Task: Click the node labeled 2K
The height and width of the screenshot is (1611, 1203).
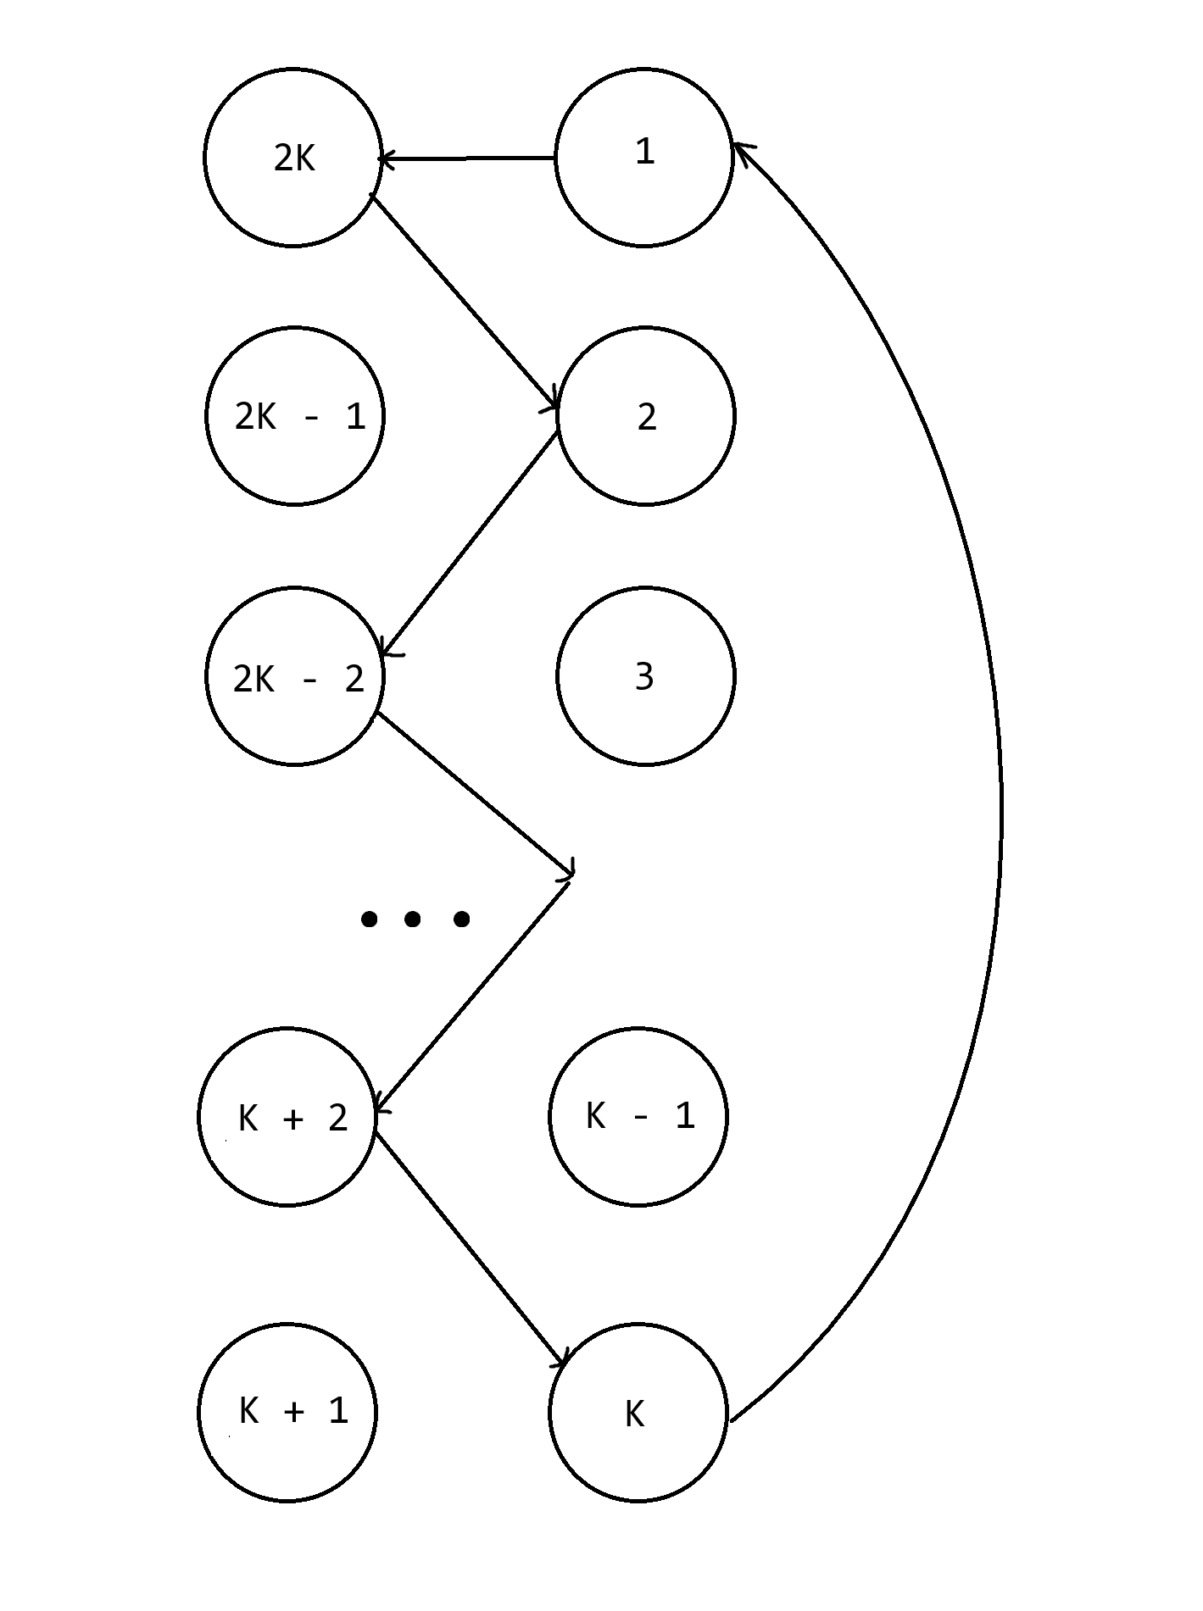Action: point(292,158)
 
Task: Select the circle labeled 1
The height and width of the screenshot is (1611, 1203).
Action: point(643,158)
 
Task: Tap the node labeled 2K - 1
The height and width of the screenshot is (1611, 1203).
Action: point(295,416)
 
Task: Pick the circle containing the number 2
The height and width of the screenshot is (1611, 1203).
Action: point(645,416)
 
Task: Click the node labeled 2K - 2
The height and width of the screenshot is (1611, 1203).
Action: point(295,676)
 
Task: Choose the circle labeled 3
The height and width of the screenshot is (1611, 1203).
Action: point(645,676)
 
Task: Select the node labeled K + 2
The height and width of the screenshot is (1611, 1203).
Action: point(287,1117)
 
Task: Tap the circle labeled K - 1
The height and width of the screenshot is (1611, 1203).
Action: point(638,1117)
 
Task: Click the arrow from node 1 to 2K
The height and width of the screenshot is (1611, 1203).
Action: point(466,158)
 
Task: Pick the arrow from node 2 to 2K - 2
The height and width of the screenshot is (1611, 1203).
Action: point(471,543)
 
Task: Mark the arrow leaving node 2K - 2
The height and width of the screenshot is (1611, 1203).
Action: point(475,792)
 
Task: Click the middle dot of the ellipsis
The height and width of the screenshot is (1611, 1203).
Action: point(413,919)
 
